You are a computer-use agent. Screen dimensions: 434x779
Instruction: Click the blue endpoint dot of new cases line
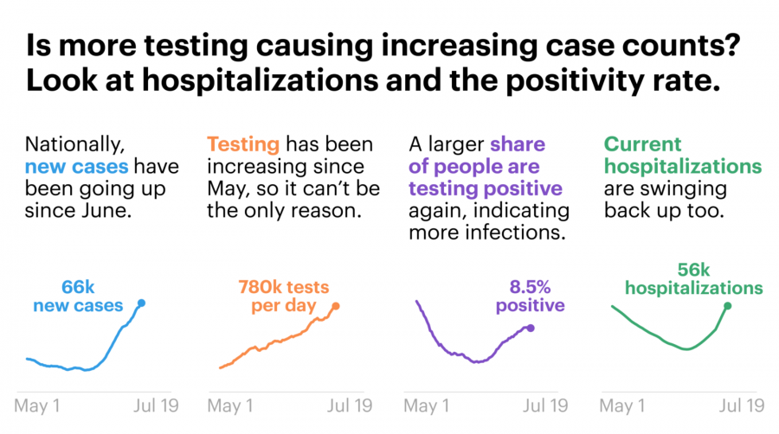[x=141, y=303]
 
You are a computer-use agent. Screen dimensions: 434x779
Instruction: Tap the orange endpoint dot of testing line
[x=336, y=305]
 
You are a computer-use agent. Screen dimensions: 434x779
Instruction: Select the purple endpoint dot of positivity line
[x=531, y=328]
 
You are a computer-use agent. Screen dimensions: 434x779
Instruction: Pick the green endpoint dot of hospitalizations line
[x=727, y=305]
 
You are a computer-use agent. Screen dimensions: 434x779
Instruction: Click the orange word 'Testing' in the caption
[x=242, y=144]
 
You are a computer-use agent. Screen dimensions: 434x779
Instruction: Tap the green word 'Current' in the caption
[x=643, y=144]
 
